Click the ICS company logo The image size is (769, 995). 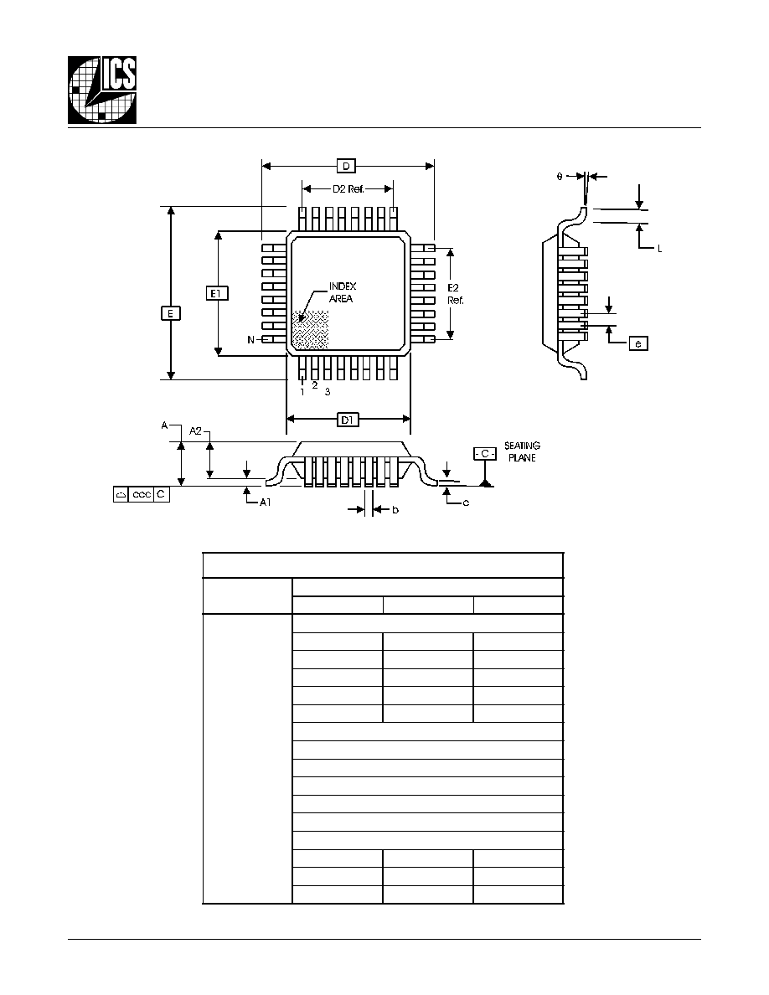[102, 90]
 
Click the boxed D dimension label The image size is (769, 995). [347, 167]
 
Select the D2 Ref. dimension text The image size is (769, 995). [348, 189]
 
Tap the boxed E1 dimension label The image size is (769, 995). [217, 293]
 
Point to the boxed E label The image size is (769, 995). [171, 313]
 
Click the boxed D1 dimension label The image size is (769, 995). [348, 420]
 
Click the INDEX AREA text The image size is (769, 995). [342, 292]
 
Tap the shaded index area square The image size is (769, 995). [310, 330]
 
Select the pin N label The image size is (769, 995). [251, 340]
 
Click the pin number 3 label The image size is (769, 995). [328, 392]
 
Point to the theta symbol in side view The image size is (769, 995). [560, 177]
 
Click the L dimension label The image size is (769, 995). [660, 250]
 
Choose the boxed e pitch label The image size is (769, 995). [638, 344]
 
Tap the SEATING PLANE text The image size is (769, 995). [522, 451]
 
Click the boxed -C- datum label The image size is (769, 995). [485, 454]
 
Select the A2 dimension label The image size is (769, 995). [195, 430]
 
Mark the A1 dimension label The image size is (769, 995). [266, 503]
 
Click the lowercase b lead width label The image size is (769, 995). [395, 509]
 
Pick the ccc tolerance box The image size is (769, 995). [142, 494]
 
